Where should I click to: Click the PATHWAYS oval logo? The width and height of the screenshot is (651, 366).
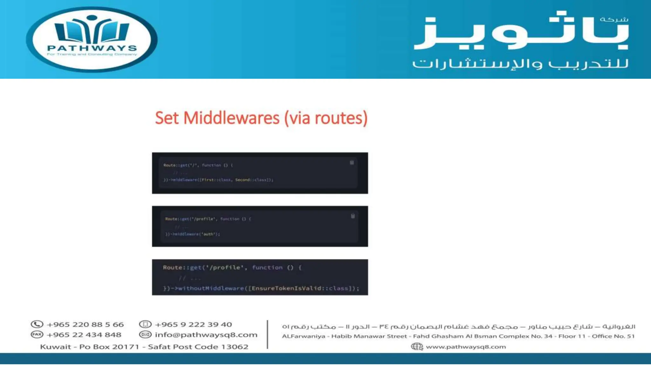(x=92, y=39)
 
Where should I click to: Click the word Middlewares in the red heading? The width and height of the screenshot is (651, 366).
(x=231, y=118)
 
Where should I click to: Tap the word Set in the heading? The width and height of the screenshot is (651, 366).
(x=167, y=118)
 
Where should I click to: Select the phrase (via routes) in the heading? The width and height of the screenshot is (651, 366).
(x=326, y=118)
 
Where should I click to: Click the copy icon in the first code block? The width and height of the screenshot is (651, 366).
(x=352, y=163)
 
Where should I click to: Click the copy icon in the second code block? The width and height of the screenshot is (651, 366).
(x=353, y=216)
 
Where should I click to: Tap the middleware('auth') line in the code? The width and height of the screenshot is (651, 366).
(x=193, y=234)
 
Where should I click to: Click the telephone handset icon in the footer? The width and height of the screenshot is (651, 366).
(x=37, y=324)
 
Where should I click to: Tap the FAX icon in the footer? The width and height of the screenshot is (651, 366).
(x=37, y=335)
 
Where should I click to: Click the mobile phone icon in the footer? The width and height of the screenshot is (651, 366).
(x=145, y=324)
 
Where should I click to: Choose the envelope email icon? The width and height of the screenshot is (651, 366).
(x=145, y=335)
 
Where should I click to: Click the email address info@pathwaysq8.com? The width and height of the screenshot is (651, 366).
(x=206, y=335)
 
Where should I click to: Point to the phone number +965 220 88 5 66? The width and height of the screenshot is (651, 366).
(x=85, y=324)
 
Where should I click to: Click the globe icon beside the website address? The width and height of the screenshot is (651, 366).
(x=417, y=346)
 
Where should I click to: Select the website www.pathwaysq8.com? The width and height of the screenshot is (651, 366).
(x=466, y=347)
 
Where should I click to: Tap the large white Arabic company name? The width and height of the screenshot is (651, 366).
(x=521, y=32)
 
